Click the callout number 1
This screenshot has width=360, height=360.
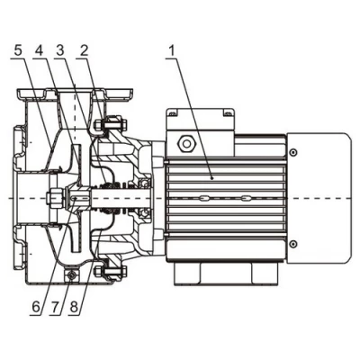[170, 50]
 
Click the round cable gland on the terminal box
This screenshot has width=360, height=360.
[187, 142]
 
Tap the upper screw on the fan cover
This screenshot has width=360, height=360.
[292, 149]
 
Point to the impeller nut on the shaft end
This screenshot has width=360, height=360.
[54, 196]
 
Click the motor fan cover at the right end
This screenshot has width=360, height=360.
[319, 197]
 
